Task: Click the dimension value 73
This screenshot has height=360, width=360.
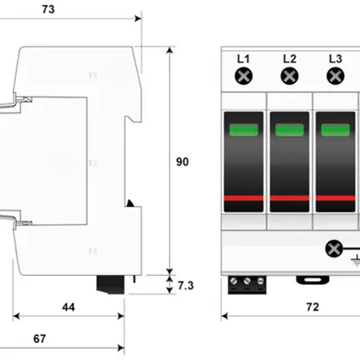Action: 73,10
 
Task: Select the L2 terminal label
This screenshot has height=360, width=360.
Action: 289,59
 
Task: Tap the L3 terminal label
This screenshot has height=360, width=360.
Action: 334,59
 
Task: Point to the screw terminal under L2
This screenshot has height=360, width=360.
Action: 289,78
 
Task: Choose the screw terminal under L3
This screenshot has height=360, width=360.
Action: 334,78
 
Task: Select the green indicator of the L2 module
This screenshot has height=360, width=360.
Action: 289,132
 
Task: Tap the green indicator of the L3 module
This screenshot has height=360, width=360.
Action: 334,132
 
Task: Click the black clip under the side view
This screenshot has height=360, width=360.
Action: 113,284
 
